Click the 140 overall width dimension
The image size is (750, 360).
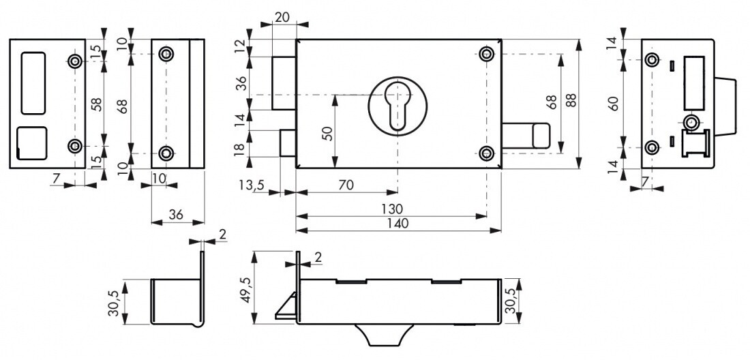coord(398,223)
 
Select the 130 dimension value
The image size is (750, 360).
coord(392,209)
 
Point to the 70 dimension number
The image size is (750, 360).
coord(346,185)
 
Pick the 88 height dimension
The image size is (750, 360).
coord(571,100)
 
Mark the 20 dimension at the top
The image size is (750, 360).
coord(283,17)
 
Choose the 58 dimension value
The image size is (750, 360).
coord(97,104)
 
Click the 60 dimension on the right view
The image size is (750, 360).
coord(614,103)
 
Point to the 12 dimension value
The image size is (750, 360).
coord(241,47)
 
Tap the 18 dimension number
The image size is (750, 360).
coord(241,143)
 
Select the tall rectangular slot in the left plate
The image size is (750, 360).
coord(33,83)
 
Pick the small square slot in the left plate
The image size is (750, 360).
coord(31,143)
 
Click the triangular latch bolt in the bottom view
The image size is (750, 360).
coord(286,307)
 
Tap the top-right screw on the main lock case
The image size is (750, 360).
coord(486,53)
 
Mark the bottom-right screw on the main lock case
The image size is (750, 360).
coord(486,153)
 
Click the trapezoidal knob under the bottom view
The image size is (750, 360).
coord(384,334)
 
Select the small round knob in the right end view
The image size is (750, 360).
coord(690,123)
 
